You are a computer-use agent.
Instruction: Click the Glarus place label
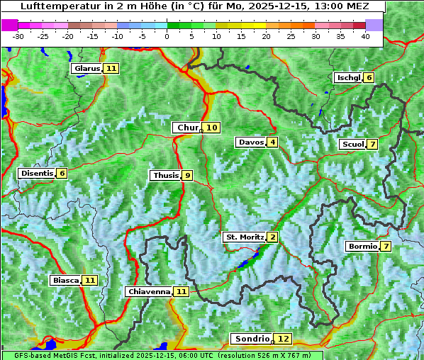pos(87,69)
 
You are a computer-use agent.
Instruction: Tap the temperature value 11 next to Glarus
pos(111,69)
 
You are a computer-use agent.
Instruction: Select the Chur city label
pos(187,128)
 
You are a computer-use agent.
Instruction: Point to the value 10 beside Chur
pos(213,128)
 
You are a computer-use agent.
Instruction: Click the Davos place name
pos(250,142)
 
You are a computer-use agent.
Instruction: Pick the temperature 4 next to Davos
pos(272,142)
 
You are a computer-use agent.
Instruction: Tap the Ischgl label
pos(348,78)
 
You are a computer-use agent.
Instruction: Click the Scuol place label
pos(352,145)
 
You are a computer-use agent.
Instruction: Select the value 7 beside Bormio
pos(385,247)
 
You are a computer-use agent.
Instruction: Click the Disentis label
pos(37,174)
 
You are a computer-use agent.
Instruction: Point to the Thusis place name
pos(165,175)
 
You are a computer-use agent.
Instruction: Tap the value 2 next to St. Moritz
pos(272,237)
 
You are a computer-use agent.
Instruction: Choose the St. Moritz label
pos(244,237)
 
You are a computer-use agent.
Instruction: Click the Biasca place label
pos(65,281)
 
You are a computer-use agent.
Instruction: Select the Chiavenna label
pos(149,291)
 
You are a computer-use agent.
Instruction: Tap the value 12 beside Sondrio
pos(284,339)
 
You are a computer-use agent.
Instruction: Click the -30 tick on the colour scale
pos(18,35)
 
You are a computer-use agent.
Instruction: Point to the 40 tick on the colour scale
pos(365,35)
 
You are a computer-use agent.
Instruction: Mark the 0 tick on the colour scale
pos(167,35)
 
